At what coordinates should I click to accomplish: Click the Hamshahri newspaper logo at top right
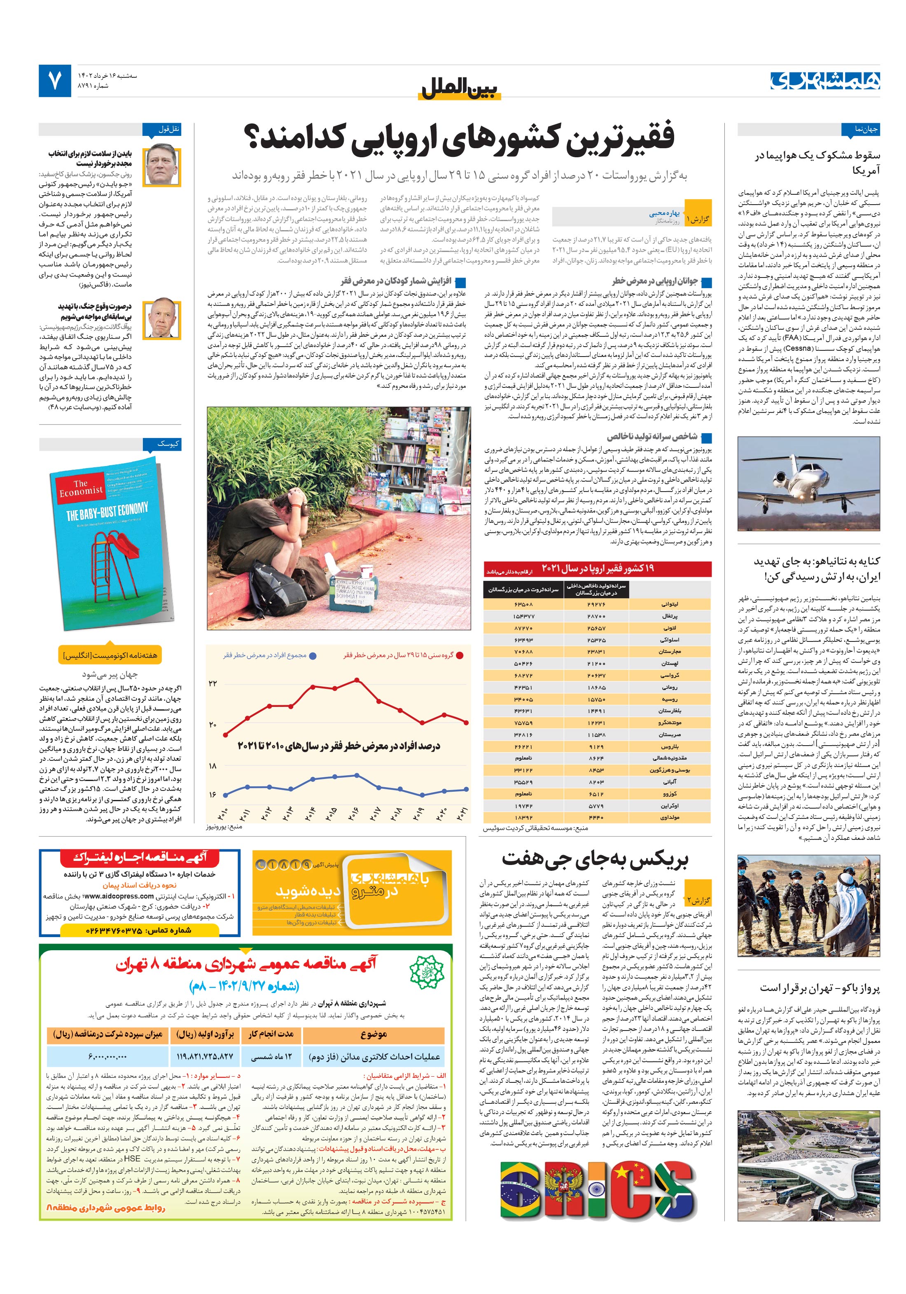pos(825,81)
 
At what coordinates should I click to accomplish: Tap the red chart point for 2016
pos(356,680)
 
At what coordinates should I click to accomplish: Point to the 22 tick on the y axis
pos(212,683)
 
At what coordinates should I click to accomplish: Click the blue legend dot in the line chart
pos(313,656)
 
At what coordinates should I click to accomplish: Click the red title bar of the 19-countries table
pos(598,569)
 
